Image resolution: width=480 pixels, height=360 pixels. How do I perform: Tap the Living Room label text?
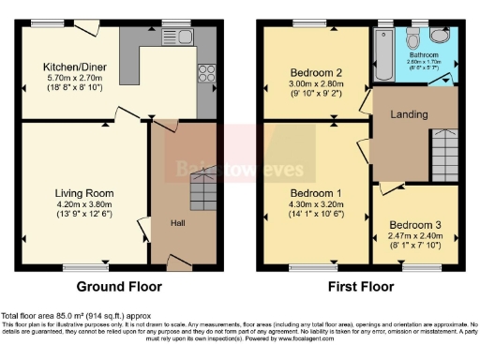[x=82, y=192]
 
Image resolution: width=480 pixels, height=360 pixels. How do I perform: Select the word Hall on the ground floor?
[x=177, y=223]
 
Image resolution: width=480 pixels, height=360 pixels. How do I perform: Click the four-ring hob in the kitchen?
[x=206, y=72]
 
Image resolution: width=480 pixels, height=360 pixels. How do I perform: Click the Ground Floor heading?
[x=118, y=287]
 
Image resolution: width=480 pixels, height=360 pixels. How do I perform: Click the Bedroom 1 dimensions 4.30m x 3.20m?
[x=315, y=204]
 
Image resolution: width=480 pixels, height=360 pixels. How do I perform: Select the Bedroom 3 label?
[x=413, y=225]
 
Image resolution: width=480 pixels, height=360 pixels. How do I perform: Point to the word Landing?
[x=409, y=115]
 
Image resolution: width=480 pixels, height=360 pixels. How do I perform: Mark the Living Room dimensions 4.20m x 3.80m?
[x=82, y=203]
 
